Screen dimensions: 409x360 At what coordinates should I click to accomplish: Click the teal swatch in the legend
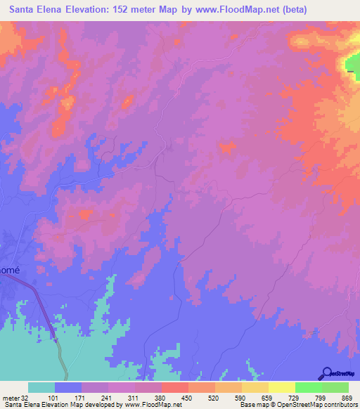click(41, 387)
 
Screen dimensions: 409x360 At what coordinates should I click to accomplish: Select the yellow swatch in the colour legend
click(255, 387)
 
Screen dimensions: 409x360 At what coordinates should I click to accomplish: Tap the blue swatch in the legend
click(67, 387)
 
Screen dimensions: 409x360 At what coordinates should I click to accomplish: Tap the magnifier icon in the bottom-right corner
click(326, 373)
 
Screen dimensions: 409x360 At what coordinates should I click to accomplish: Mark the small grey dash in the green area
click(350, 70)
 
